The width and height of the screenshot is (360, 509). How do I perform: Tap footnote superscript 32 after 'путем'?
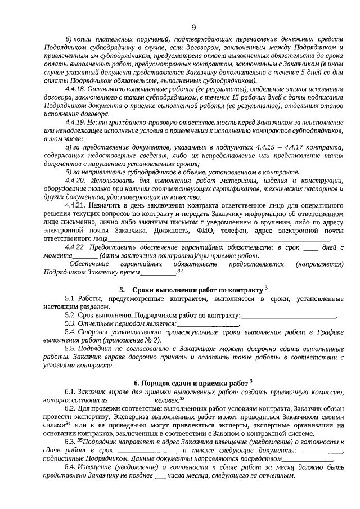click(x=180, y=271)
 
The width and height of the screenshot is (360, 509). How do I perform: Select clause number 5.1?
click(x=70, y=299)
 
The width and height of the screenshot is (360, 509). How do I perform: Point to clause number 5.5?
click(x=70, y=349)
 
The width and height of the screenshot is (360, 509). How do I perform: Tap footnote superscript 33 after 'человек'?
click(x=182, y=398)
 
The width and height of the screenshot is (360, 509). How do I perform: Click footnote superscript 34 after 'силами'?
click(x=67, y=424)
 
